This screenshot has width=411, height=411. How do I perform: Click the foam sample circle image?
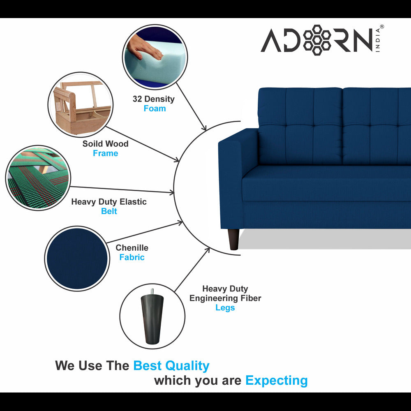pyautogui.click(x=155, y=57)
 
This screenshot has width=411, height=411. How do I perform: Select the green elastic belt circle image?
pyautogui.click(x=37, y=178)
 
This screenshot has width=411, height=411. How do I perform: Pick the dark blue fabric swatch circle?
pyautogui.click(x=77, y=259)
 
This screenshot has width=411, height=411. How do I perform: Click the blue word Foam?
pyautogui.click(x=155, y=109)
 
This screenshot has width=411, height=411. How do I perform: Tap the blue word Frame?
pyautogui.click(x=105, y=153)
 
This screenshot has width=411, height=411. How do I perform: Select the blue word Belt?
pyautogui.click(x=109, y=211)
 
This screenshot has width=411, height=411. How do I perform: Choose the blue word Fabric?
pyautogui.click(x=132, y=257)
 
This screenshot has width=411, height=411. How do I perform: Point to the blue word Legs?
pyautogui.click(x=225, y=308)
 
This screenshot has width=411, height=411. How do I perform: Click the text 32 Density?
pyautogui.click(x=153, y=99)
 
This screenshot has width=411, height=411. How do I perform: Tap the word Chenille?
pyautogui.click(x=132, y=248)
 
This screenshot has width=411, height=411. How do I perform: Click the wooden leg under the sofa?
pyautogui.click(x=233, y=239)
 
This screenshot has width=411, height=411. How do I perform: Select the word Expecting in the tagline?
pyautogui.click(x=276, y=381)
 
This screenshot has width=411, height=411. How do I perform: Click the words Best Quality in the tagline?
pyautogui.click(x=171, y=365)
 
